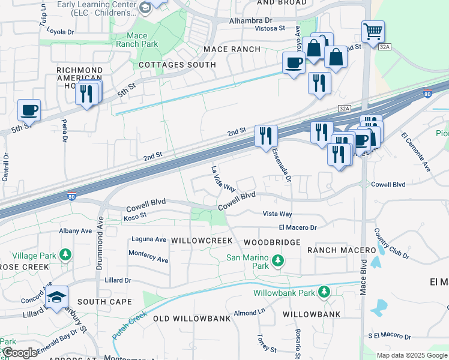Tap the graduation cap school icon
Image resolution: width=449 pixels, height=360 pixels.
pyautogui.click(x=57, y=298)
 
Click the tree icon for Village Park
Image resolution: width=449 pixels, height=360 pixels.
pyautogui.click(x=65, y=255)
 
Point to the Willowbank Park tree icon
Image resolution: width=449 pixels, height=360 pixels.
pyautogui.click(x=324, y=292)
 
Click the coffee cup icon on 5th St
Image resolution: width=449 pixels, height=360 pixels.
pyautogui.click(x=29, y=110)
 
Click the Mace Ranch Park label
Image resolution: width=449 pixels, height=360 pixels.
pyautogui.click(x=137, y=40)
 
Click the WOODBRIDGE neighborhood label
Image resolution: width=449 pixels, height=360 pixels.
pyautogui.click(x=272, y=242)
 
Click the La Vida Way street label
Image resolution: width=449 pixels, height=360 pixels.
pyautogui.click(x=222, y=178)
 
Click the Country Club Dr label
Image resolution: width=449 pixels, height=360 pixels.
pyautogui.click(x=391, y=244)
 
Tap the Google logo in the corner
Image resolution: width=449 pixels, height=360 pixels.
pyautogui.click(x=20, y=353)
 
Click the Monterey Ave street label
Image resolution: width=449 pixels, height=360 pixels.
pyautogui.click(x=148, y=256)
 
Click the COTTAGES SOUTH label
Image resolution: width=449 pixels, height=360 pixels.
pyautogui.click(x=177, y=65)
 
